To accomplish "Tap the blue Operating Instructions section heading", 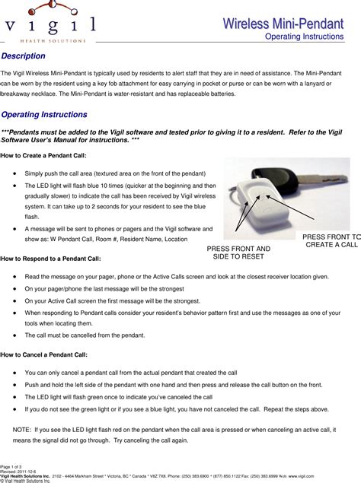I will (x=44, y=114).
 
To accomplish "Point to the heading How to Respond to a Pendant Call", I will (x=50, y=259).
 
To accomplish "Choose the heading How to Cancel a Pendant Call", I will (x=45, y=354).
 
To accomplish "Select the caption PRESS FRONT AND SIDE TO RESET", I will (x=238, y=253).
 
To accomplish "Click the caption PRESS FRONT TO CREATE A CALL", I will (x=332, y=241).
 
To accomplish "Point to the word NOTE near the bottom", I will (x=23, y=429).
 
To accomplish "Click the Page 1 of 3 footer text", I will (x=12, y=465).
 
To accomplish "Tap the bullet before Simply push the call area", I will (x=16, y=173).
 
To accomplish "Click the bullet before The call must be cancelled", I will (x=16, y=335).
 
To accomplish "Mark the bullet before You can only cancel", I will (x=16, y=373).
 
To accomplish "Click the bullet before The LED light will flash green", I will (x=16, y=397).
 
